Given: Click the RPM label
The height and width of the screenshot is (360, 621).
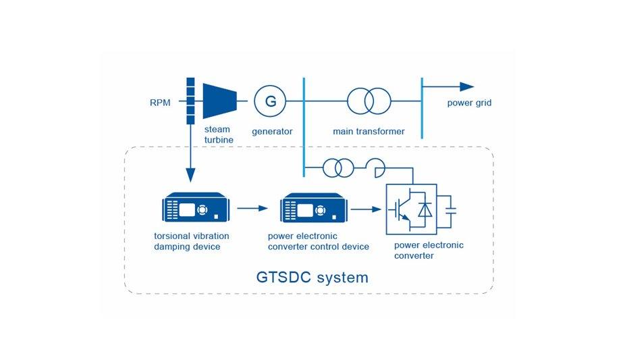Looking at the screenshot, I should point(160,103).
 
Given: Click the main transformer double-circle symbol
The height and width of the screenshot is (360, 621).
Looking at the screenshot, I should point(369,102).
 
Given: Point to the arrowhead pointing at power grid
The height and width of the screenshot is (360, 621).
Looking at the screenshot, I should point(467,86).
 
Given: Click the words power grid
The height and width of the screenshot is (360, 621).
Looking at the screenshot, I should point(469,103).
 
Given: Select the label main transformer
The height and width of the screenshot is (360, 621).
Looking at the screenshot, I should point(369,131).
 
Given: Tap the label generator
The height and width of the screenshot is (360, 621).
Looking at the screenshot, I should point(271,131).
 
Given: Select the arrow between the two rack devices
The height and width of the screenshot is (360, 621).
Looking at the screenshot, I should point(252,208).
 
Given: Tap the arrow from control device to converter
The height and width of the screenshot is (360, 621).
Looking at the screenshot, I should point(366,209).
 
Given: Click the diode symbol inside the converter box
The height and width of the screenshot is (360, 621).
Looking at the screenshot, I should point(425,210).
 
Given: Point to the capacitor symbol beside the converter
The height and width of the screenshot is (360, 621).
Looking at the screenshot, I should point(450,211).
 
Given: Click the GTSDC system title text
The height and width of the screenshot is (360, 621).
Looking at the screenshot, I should point(313,277).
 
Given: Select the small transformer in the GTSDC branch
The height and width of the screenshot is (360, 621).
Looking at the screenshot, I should point(335,167).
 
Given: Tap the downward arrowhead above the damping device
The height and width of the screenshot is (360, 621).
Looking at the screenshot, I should point(190,176).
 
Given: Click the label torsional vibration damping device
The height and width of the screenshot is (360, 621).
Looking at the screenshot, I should point(192,242).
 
